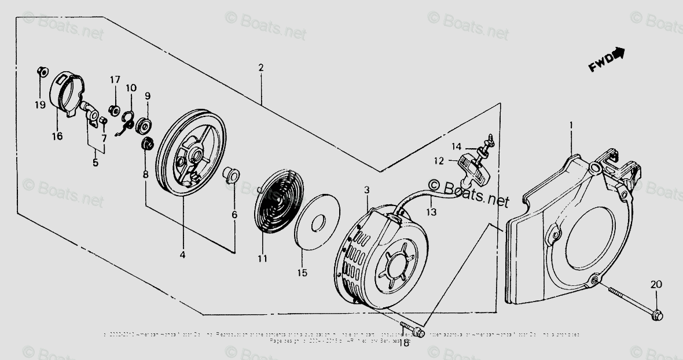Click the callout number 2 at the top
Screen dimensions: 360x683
tap(261, 68)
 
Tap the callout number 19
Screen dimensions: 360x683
tap(39, 105)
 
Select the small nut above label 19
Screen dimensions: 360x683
tap(41, 71)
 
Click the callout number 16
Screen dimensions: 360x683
tap(57, 136)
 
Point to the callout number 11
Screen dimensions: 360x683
tap(263, 258)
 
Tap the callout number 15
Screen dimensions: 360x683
tap(303, 272)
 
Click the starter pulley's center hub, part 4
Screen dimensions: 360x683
tap(195, 155)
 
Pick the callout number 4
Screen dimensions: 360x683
tap(182, 254)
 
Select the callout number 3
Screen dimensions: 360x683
tap(366, 190)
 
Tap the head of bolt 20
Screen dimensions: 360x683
tap(657, 315)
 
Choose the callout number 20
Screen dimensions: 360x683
tap(656, 284)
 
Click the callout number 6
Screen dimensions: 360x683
tap(234, 214)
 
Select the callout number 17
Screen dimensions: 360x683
tap(115, 79)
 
